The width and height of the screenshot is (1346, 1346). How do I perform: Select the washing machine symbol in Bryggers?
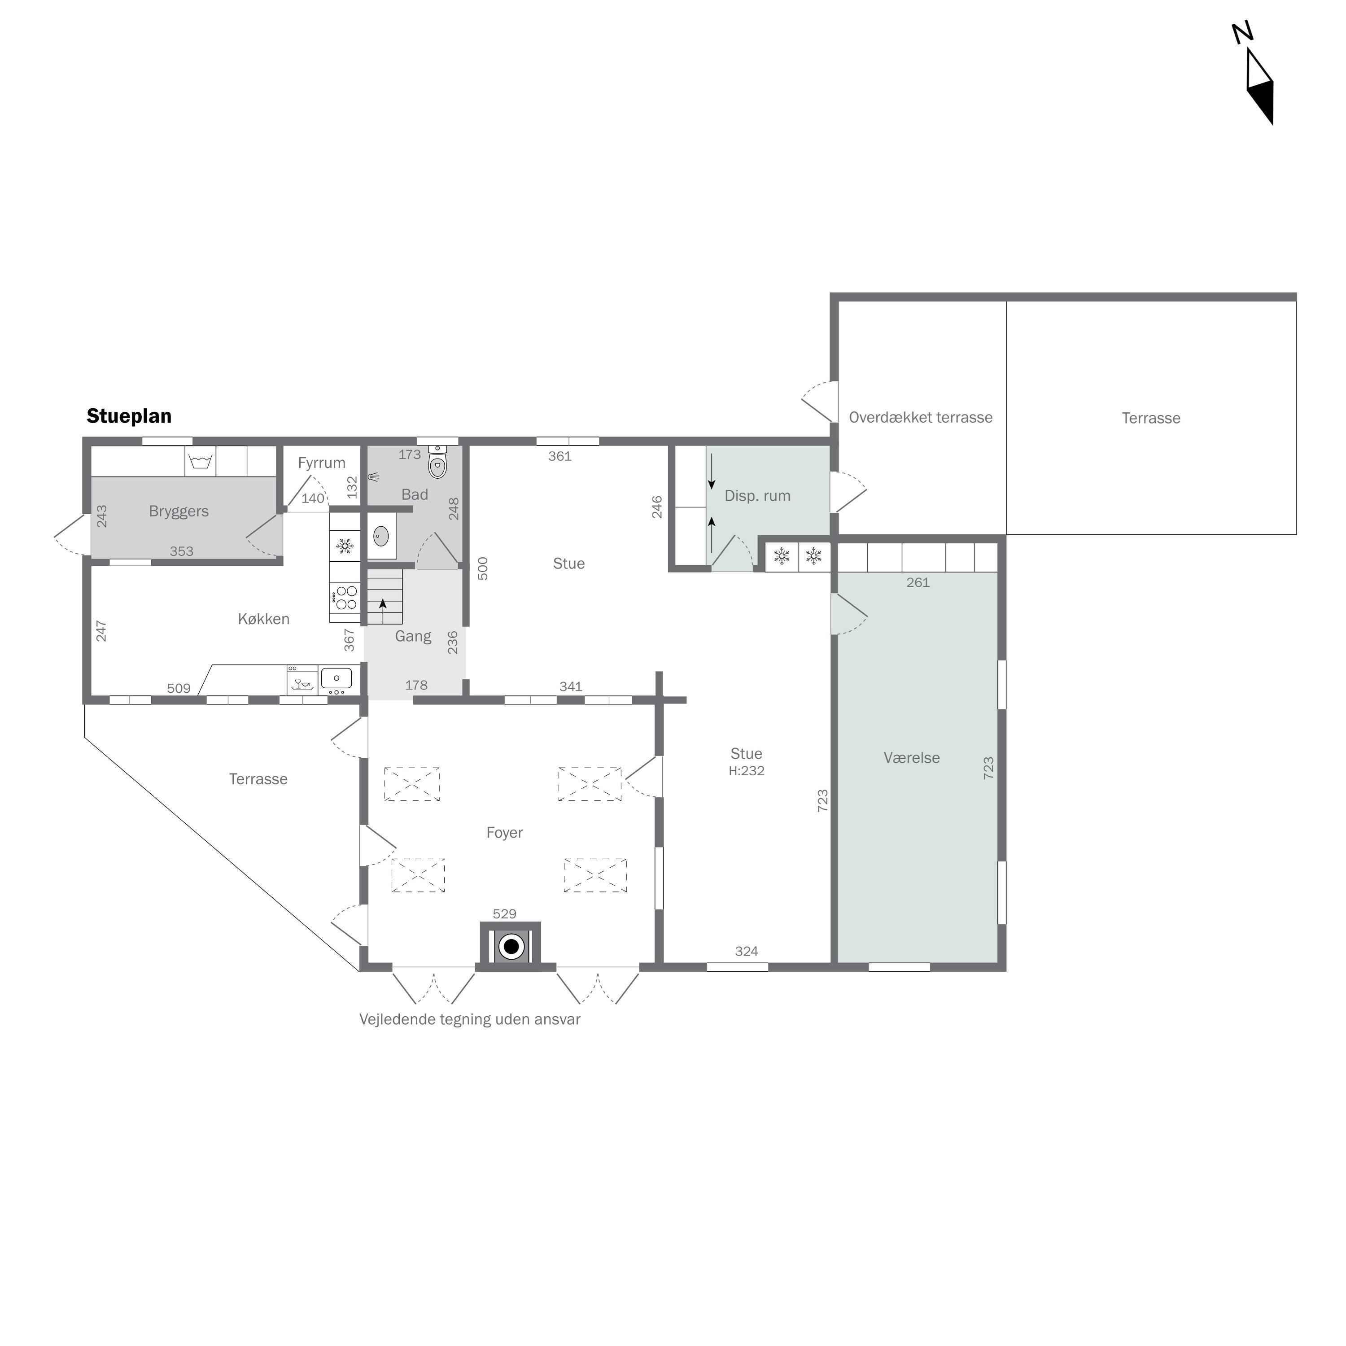click(x=200, y=461)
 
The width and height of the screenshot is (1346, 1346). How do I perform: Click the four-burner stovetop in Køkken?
click(x=345, y=598)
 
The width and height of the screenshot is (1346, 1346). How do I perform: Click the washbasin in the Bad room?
click(x=381, y=536)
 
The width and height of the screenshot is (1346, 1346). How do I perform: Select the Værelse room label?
click(x=911, y=758)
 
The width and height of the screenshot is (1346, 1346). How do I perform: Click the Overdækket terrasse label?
click(x=920, y=417)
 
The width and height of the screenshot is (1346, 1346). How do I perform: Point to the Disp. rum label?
click(x=757, y=496)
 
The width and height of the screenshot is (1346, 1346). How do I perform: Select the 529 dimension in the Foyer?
click(x=504, y=914)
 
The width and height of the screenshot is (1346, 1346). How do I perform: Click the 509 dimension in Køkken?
click(x=179, y=688)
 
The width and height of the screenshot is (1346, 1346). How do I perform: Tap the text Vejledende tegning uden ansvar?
click(x=470, y=1020)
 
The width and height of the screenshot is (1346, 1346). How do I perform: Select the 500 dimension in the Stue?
click(x=483, y=568)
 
